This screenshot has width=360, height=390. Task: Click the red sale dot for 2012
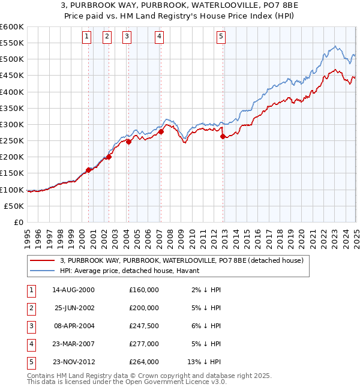(223, 136)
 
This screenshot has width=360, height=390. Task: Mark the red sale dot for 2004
(128, 142)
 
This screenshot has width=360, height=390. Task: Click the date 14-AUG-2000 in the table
(73, 290)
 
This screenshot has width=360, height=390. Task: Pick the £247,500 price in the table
(144, 326)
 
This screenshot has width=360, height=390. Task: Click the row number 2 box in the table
(30, 308)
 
